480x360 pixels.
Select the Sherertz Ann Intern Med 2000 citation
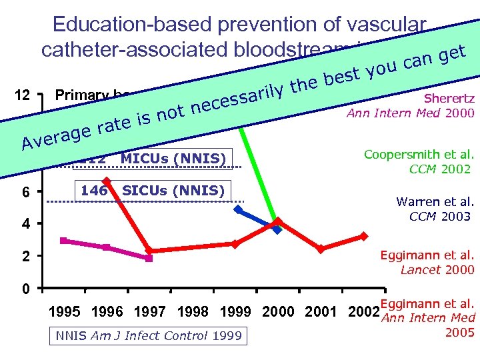[x=411, y=106]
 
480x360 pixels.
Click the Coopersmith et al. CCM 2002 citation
[x=420, y=161]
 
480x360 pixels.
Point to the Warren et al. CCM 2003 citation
[x=434, y=208]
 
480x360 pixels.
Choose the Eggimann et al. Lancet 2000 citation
[x=427, y=262]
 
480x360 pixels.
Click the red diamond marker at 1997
[x=149, y=251]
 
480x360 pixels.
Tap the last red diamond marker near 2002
[x=363, y=236]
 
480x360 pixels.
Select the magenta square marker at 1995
[x=64, y=241]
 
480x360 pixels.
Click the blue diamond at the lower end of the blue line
[x=278, y=229]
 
